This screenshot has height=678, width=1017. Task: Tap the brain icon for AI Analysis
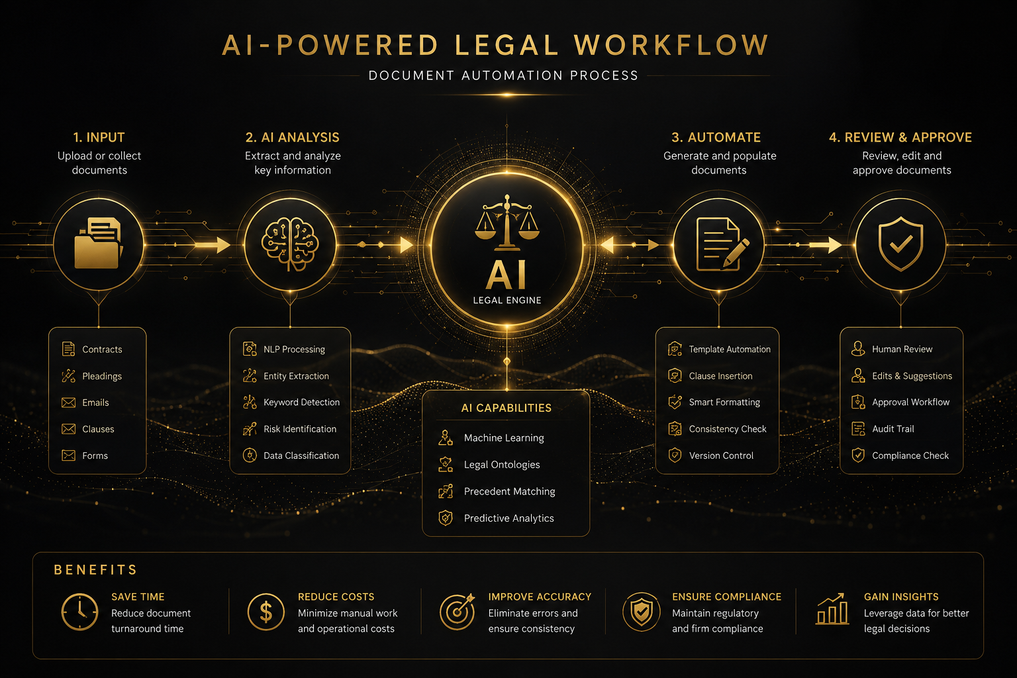[290, 244]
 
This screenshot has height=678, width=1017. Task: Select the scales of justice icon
[507, 222]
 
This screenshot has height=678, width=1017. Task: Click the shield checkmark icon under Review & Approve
[900, 244]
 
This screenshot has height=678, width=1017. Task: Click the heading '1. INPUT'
[99, 137]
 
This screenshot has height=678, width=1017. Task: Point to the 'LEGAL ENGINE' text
[507, 300]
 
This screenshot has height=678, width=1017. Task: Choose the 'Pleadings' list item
[102, 376]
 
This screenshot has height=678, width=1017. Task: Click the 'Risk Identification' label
[300, 428]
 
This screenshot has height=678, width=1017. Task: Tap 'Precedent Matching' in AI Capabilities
[509, 491]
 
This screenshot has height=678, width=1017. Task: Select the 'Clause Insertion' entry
[720, 376]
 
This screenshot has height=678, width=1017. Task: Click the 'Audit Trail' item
[893, 428]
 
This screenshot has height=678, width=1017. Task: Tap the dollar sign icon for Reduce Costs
[266, 612]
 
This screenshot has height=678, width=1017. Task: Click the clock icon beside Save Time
[79, 612]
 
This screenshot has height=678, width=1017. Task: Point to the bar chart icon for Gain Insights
[832, 609]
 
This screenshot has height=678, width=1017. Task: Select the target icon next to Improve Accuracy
[458, 611]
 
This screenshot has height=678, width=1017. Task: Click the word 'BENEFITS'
[95, 570]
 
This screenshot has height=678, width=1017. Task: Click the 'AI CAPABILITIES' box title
[507, 408]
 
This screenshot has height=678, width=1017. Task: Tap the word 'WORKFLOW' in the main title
[671, 45]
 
